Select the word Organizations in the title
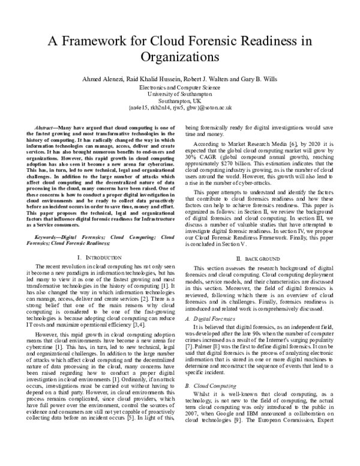[180, 58]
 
